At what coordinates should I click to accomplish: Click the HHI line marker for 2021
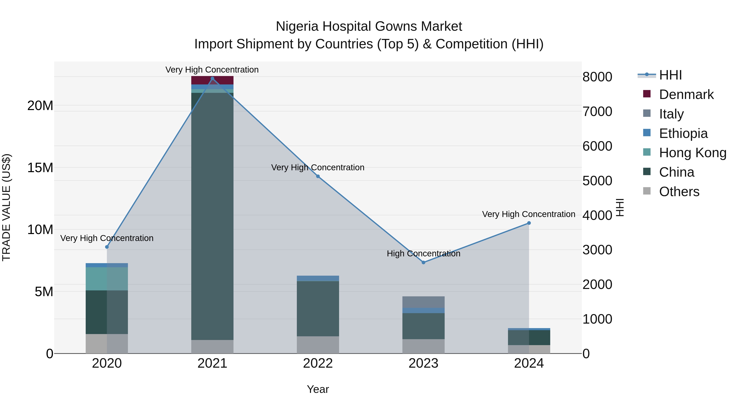tap(212, 78)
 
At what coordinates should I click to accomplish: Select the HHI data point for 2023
tap(424, 262)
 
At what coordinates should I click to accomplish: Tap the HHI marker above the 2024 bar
tap(529, 223)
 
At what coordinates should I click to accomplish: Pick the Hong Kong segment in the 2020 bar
tap(107, 279)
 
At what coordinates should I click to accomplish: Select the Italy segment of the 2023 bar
tap(424, 302)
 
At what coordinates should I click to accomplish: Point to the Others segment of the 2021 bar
tap(212, 347)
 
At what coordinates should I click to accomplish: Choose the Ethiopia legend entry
tap(683, 133)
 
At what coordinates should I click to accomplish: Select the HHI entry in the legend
tap(670, 75)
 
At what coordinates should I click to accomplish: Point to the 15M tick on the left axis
tap(40, 168)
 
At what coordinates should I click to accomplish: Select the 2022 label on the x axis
tap(318, 363)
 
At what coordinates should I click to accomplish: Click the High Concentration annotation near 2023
tap(424, 254)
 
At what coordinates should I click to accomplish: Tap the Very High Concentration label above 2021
tap(212, 70)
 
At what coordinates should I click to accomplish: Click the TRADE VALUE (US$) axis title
tap(7, 207)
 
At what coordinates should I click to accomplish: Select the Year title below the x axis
tap(318, 389)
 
